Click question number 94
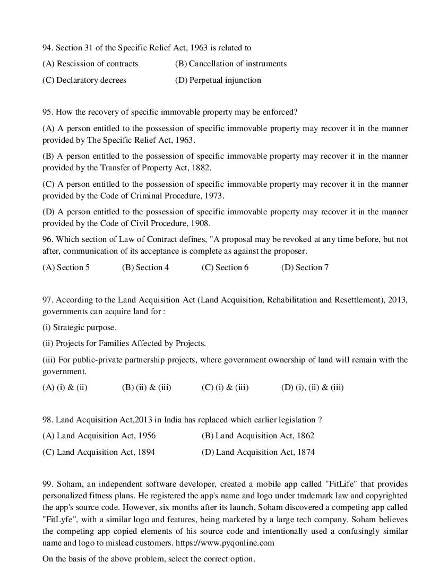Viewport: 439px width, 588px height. click(48, 48)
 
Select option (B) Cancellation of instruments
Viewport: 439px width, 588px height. click(230, 64)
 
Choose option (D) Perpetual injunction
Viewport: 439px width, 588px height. click(218, 80)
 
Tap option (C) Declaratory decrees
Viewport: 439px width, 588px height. click(84, 80)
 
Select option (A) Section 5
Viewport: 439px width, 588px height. click(66, 267)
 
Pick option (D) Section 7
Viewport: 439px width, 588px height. click(305, 267)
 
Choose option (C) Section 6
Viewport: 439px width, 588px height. click(225, 267)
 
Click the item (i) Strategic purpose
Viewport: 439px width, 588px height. click(80, 327)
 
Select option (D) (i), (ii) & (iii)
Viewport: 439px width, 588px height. click(312, 387)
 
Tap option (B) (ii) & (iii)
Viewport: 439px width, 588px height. click(147, 387)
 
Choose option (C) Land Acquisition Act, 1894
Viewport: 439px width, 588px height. click(99, 452)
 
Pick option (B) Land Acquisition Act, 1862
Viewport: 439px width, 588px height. click(258, 436)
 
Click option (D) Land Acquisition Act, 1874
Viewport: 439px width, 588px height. click(258, 452)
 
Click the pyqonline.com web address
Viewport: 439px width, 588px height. click(230, 542)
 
